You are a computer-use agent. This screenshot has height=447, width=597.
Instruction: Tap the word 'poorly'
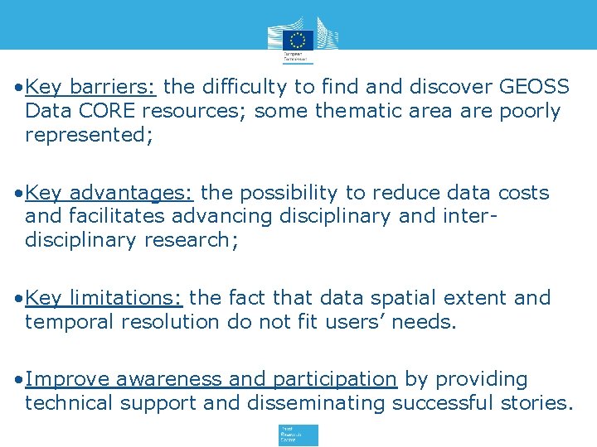[x=530, y=111]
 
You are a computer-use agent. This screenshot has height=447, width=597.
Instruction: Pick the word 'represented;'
[x=89, y=135]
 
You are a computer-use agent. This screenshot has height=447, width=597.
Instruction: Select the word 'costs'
[x=524, y=193]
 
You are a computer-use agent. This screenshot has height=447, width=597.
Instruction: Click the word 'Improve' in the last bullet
[x=68, y=379]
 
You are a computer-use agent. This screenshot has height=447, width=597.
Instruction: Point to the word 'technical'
[x=70, y=403]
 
